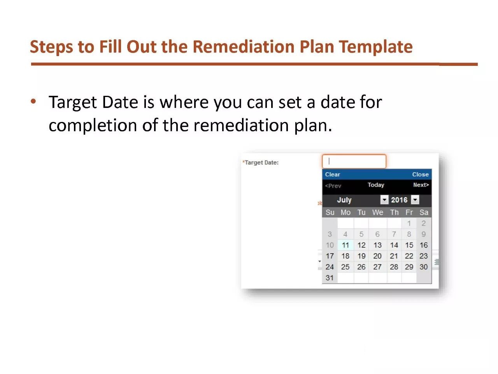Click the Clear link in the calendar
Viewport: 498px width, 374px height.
332,175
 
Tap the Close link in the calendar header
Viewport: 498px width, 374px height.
420,175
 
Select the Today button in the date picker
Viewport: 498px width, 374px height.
376,185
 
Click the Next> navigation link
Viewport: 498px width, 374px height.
421,185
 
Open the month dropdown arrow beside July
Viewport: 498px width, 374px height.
384,200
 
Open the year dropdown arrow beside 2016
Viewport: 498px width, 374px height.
415,200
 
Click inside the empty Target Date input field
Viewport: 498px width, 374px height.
354,161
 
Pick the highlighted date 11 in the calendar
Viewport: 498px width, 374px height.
345,245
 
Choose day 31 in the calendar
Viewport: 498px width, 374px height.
330,278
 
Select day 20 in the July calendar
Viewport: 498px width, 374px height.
377,256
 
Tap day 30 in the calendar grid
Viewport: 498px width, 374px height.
424,267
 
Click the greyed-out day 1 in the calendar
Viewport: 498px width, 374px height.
409,224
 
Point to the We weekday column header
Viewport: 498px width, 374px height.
377,212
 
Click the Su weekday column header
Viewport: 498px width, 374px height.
330,212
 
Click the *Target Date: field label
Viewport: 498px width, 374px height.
260,162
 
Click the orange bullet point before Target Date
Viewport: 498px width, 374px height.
33,101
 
